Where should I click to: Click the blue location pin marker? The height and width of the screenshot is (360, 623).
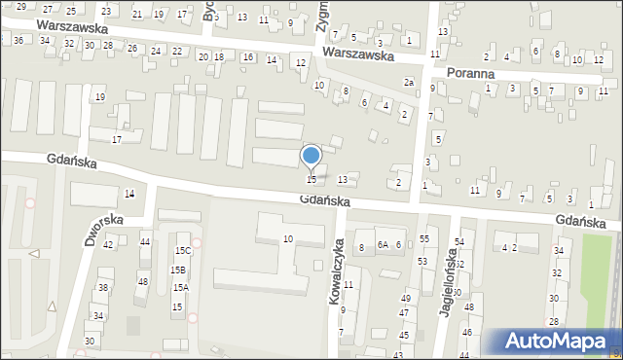311,157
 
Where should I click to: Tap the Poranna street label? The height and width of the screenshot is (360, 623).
470,73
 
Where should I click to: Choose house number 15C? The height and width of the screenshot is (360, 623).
183,251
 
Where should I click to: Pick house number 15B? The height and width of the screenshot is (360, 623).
178,270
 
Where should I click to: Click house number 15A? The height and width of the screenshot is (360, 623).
180,288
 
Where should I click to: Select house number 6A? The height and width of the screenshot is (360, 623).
383,245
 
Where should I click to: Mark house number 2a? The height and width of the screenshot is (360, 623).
410,83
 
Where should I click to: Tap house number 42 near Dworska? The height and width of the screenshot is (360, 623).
108,244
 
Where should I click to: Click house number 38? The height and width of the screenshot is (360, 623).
102,288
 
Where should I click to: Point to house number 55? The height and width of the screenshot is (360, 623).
423,239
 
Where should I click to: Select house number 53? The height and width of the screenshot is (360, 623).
422,261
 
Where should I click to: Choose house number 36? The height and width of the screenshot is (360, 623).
18,40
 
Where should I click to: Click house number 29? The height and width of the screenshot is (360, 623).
21,7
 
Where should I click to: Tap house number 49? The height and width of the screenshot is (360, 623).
405,299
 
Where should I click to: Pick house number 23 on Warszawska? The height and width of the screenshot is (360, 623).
105,11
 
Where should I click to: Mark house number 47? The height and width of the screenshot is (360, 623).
403,313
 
